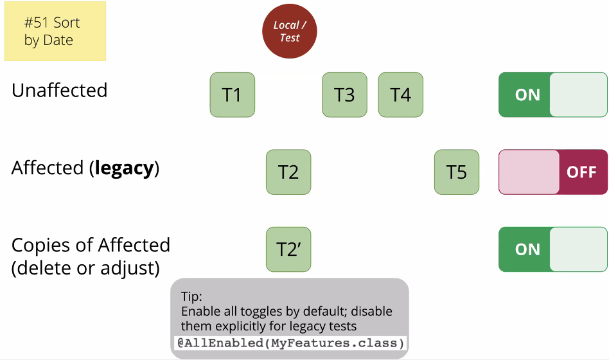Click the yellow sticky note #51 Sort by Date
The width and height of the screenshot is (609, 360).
click(55, 31)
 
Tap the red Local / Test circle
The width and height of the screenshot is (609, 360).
click(290, 31)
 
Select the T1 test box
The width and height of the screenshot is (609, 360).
click(233, 94)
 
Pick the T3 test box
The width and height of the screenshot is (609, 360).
click(344, 94)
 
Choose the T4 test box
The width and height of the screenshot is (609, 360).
click(400, 94)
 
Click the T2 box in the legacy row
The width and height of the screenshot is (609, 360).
click(288, 172)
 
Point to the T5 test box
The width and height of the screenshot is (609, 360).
click(457, 172)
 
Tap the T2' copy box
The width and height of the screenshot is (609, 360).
click(288, 249)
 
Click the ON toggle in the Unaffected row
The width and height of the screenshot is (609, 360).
click(553, 94)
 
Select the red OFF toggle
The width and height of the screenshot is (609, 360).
click(553, 172)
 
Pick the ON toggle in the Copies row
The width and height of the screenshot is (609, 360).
click(553, 249)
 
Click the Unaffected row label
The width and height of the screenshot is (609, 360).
click(60, 90)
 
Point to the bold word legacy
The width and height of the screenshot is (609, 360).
click(124, 168)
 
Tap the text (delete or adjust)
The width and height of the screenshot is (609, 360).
click(85, 268)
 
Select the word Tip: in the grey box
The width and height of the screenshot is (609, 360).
click(191, 296)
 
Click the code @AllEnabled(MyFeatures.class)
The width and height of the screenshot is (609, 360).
click(290, 343)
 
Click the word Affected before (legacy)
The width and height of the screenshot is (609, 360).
click(48, 168)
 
